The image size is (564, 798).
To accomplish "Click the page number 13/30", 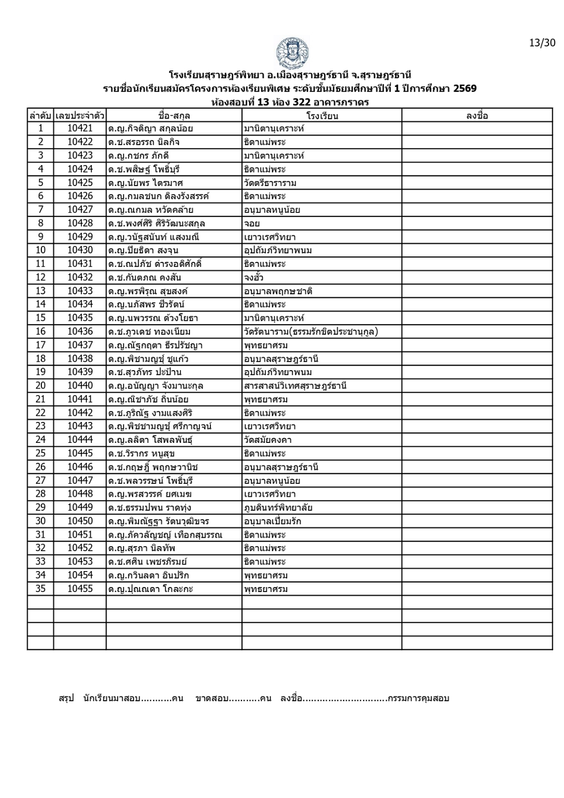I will tap(542, 42).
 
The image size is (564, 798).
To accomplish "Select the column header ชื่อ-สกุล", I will tap(174, 116).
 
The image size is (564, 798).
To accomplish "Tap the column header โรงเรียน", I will tap(322, 116).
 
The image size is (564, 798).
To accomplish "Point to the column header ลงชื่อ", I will tap(477, 116).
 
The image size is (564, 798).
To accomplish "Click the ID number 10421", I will tap(80, 129).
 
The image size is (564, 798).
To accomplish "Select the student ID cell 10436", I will tap(80, 332).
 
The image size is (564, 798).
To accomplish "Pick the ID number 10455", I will tap(80, 589).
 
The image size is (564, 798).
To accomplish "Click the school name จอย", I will tap(252, 223).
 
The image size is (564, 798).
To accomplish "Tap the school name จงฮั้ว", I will tap(254, 278).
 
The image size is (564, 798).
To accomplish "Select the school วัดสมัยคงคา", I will tap(268, 440).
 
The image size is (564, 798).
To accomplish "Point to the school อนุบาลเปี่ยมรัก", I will tap(272, 522).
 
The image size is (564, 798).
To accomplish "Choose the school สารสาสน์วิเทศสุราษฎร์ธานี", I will tap(295, 386).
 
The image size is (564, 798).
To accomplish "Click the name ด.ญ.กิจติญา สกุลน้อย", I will tap(151, 129).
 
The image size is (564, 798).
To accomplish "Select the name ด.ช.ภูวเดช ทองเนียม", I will tap(150, 332).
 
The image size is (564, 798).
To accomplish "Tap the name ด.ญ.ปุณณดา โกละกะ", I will tap(151, 589).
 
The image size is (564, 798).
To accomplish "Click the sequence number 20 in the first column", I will tap(40, 386).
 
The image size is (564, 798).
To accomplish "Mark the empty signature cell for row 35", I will tap(477, 589).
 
